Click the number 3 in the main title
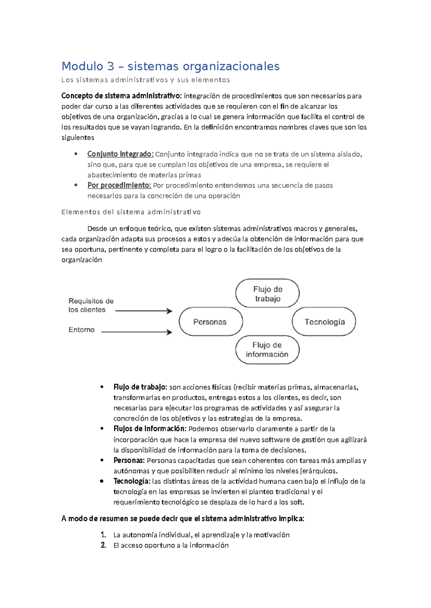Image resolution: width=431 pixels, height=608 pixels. pos(110,66)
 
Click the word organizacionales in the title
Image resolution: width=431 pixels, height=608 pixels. pos(231,66)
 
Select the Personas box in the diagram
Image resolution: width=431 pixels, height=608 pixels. pos(210,322)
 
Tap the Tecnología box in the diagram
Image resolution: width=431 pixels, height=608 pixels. pos(324,322)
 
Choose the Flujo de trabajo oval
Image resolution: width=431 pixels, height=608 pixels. pos(267,294)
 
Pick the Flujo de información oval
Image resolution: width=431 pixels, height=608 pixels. pos(267,350)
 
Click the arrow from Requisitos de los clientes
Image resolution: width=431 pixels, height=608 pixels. pos(144,311)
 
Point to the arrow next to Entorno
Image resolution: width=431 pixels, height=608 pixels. pos(136,332)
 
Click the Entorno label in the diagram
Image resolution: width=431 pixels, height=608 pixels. pos(82,329)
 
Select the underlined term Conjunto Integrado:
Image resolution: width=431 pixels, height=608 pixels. pos(120,154)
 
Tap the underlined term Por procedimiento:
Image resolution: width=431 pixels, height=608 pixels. pos(119,185)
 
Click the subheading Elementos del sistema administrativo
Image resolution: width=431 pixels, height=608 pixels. pos(131,212)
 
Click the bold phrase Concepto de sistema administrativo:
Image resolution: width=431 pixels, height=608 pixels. pos(121,96)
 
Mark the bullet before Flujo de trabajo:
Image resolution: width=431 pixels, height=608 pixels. pos(102,387)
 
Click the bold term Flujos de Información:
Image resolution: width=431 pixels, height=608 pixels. pos(150,429)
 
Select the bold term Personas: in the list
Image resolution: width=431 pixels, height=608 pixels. pos(129,460)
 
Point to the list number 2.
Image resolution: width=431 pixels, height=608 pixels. pos(103,545)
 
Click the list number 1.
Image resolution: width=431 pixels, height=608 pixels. pos(103,535)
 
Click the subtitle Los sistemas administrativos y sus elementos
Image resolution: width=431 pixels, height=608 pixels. pos(145,80)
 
